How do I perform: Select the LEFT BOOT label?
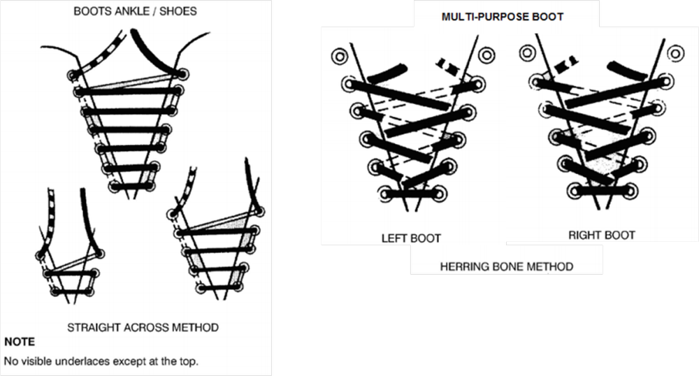pos(411,238)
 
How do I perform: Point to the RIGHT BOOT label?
pos(601,236)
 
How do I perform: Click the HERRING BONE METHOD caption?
pos(507,266)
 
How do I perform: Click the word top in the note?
pos(188,361)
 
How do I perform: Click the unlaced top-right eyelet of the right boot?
pos(674,53)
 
